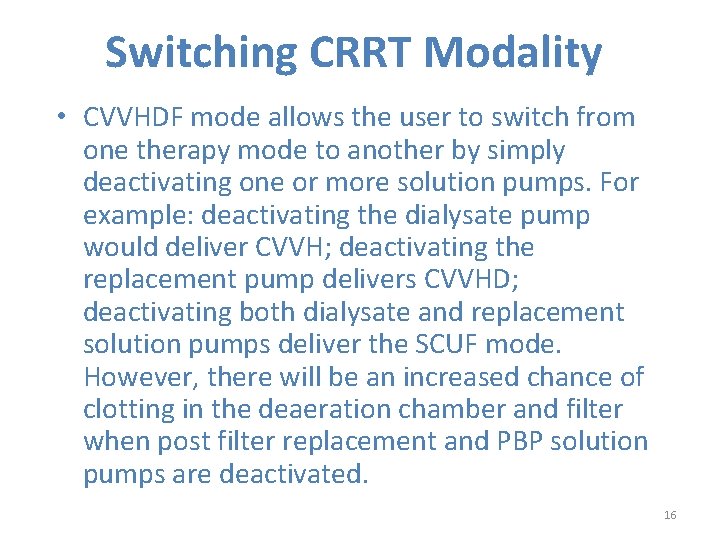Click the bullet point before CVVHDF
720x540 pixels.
coord(62,118)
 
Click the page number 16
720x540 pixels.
coord(670,514)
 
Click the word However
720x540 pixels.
coord(138,377)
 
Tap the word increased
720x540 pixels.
coord(455,377)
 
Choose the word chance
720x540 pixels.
coord(571,377)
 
